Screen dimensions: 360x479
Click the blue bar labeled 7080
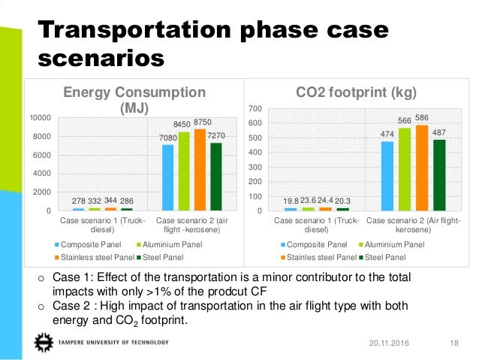coord(167,177)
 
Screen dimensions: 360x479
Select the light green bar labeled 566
coord(405,169)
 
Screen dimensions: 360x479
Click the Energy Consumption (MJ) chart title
coord(134,99)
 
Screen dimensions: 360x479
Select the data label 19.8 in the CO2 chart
coord(291,201)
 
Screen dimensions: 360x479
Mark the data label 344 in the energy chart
coord(110,201)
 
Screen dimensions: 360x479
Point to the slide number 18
coord(453,343)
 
